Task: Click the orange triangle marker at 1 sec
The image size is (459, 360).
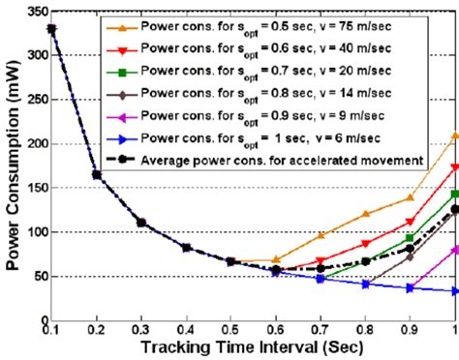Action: click(x=454, y=135)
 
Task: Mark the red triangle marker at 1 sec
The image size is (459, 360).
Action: click(x=454, y=167)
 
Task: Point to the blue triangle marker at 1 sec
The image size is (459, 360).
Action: click(x=454, y=290)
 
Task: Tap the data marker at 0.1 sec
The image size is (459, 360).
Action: click(x=51, y=29)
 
